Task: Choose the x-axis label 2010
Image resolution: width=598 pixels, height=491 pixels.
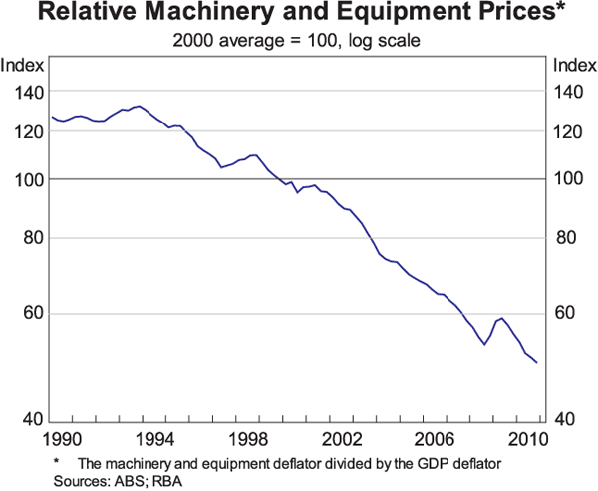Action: pos(526,439)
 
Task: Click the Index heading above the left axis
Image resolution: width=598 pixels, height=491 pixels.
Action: pos(22,66)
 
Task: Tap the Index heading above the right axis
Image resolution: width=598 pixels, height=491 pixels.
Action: pos(573,66)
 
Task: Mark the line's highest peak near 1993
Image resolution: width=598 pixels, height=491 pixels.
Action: pos(139,106)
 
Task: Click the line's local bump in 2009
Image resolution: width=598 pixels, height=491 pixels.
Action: pos(501,318)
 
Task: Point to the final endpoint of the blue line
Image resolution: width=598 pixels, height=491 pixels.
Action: pos(537,363)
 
